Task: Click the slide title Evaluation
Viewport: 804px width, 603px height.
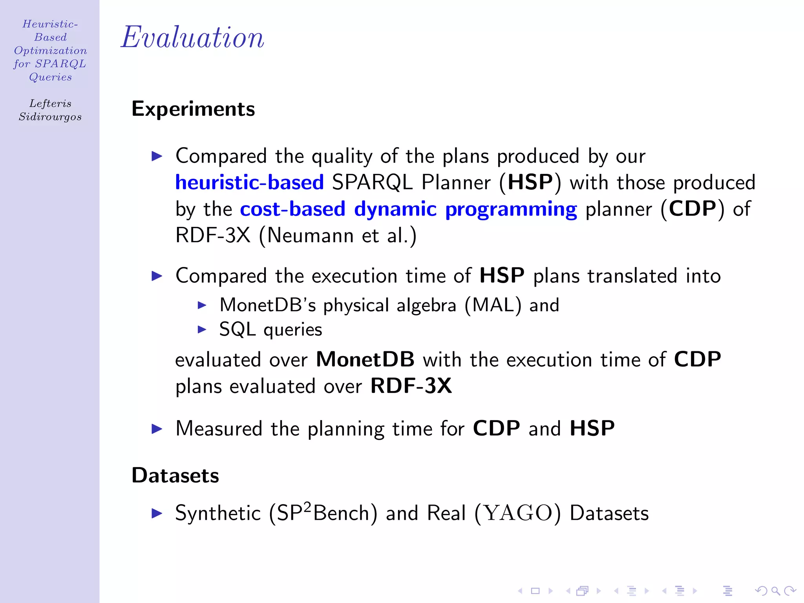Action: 192,37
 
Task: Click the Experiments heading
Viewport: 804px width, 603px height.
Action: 193,109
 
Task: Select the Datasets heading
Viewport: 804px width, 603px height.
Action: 175,475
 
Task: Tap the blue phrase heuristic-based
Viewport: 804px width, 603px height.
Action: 250,183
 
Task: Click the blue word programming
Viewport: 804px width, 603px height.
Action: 511,209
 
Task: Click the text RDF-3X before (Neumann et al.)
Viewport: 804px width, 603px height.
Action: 213,236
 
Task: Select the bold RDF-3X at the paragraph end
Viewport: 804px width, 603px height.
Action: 411,386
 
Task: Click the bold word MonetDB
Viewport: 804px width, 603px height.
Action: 365,359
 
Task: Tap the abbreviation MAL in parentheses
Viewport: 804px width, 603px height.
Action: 493,305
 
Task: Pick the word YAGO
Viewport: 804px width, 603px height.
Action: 517,513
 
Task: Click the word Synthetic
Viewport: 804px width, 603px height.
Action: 218,513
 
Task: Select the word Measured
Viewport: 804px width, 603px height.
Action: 219,428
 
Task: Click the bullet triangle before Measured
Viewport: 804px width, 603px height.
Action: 157,429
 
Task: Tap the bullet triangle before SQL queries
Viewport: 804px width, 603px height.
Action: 202,329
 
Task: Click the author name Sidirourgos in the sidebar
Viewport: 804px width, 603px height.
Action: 50,117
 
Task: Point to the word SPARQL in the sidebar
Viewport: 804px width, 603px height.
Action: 60,64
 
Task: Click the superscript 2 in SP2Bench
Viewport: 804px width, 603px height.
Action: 307,506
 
